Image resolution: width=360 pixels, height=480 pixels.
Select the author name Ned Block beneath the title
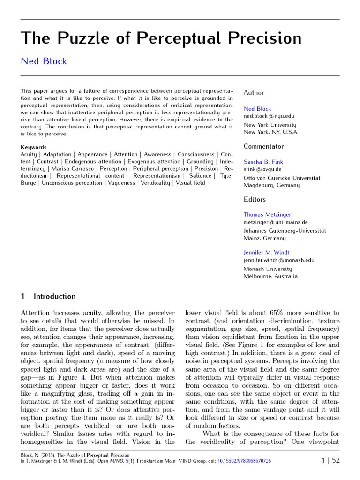click(x=44, y=61)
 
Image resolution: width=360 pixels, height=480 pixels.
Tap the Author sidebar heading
click(x=254, y=93)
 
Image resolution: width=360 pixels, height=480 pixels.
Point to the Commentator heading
click(x=263, y=146)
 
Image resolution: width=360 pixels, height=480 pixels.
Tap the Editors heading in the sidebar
click(x=255, y=199)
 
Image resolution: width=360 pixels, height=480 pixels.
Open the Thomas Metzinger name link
click(x=267, y=215)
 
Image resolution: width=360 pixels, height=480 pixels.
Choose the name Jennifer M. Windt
click(x=266, y=253)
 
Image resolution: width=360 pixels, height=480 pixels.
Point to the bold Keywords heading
click(x=33, y=147)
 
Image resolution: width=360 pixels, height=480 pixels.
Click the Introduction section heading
click(x=54, y=296)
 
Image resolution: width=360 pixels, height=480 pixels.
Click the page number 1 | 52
click(x=330, y=460)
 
